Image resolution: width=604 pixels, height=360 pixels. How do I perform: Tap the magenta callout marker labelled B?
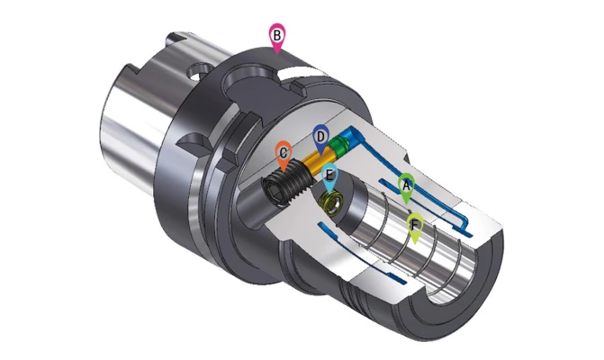point(277,37)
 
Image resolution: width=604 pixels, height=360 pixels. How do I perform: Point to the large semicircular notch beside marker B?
point(244,90)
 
